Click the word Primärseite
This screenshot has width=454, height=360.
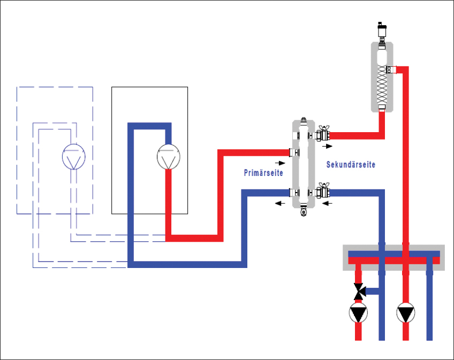263,173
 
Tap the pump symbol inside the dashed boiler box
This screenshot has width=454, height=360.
72,157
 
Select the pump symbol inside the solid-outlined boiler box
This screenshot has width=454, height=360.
168,157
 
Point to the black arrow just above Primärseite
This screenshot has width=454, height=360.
280,162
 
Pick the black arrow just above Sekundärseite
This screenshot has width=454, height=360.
327,145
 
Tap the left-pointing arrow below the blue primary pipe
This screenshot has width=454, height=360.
280,203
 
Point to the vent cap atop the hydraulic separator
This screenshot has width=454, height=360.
304,120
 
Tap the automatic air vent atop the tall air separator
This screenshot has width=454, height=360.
382,29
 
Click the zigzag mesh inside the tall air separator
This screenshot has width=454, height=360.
382,86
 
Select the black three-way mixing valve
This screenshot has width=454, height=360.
359,291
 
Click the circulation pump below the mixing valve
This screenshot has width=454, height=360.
359,313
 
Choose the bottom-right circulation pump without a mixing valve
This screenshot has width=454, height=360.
405,313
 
